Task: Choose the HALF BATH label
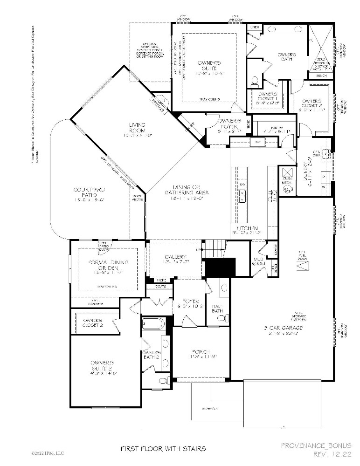[218, 307]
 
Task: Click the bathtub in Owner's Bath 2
[153, 323]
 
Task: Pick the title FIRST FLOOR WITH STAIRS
[163, 449]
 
